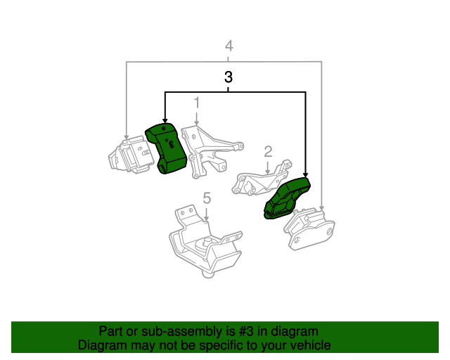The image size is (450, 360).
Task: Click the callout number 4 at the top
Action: [x=229, y=46]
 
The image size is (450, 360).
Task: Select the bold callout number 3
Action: [x=228, y=77]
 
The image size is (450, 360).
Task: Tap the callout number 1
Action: [x=197, y=103]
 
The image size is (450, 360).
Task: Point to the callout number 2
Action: [x=268, y=152]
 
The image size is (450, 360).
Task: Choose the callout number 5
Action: [x=207, y=198]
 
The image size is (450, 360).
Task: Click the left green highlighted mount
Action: [x=166, y=148]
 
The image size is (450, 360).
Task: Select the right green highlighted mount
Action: [x=287, y=198]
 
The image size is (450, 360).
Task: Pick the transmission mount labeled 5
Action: [x=206, y=241]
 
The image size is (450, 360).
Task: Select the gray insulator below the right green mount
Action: [x=309, y=229]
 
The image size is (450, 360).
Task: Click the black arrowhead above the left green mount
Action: [x=165, y=120]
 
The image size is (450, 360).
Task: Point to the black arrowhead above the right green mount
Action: [x=305, y=175]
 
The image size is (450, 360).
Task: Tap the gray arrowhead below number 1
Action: [x=197, y=122]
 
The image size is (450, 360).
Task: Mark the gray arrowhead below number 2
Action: [x=267, y=172]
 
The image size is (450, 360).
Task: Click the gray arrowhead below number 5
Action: [x=206, y=219]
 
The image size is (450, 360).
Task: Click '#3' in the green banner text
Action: [x=246, y=332]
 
